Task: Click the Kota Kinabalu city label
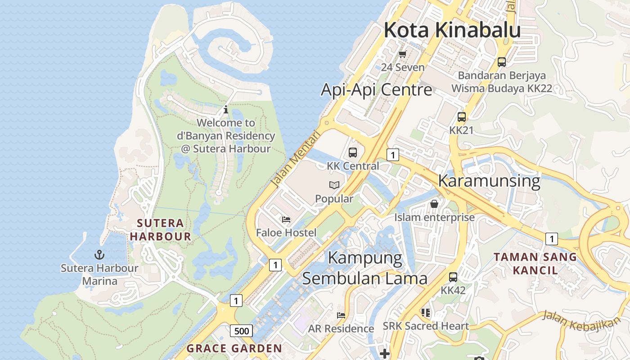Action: pyautogui.click(x=452, y=31)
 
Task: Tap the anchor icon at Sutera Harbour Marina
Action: pyautogui.click(x=99, y=255)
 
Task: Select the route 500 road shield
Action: pyautogui.click(x=242, y=331)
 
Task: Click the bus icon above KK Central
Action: pyautogui.click(x=353, y=152)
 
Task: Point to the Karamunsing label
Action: pyautogui.click(x=489, y=181)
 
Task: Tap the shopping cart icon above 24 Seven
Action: pyautogui.click(x=402, y=54)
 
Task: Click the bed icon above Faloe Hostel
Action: pyautogui.click(x=286, y=220)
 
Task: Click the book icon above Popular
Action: pyautogui.click(x=334, y=185)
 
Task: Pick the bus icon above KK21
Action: pyautogui.click(x=461, y=117)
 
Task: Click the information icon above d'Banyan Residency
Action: pyautogui.click(x=226, y=109)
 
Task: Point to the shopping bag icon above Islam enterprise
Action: pyautogui.click(x=434, y=204)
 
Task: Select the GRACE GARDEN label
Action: pyautogui.click(x=234, y=348)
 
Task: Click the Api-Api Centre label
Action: pyautogui.click(x=376, y=90)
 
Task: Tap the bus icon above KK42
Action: pyautogui.click(x=453, y=277)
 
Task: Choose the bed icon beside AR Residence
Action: pyautogui.click(x=341, y=315)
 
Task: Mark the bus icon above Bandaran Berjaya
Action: pyautogui.click(x=501, y=62)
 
